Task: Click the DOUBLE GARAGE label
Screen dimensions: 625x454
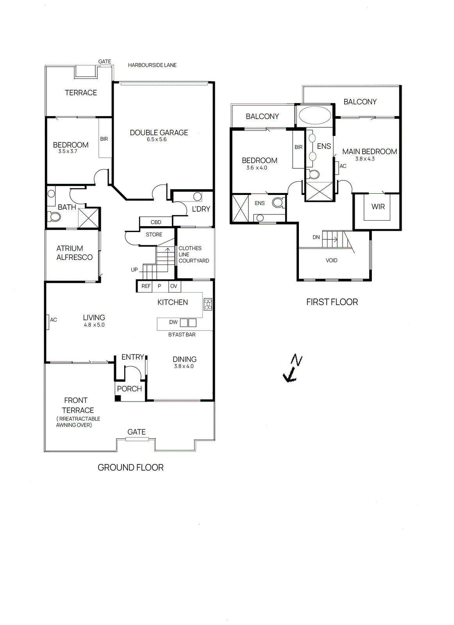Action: pos(159,133)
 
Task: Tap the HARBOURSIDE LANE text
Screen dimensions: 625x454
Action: pos(152,65)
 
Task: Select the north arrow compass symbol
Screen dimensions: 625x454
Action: pos(292,368)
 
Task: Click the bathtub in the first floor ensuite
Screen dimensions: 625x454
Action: pos(315,115)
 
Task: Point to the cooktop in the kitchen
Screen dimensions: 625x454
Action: pos(208,304)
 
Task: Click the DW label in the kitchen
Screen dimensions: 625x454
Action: pos(173,322)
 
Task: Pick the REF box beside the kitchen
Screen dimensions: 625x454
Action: pos(146,286)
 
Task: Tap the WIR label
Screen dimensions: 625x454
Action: pos(378,207)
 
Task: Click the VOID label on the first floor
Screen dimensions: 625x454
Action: pos(331,261)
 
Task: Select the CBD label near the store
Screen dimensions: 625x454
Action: pos(156,222)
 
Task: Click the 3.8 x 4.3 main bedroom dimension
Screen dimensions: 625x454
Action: pos(365,159)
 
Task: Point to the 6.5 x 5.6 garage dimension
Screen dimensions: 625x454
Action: pos(157,139)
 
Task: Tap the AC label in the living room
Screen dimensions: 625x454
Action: pos(54,320)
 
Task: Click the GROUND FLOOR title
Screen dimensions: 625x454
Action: pos(130,468)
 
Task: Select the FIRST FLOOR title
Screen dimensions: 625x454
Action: pos(332,302)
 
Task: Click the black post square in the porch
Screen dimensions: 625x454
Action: pos(118,398)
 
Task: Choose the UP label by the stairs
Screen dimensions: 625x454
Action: pos(134,270)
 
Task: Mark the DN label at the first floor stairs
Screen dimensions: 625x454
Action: pos(316,237)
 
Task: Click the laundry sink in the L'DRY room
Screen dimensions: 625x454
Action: pos(198,196)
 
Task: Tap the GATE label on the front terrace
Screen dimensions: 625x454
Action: pos(136,432)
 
